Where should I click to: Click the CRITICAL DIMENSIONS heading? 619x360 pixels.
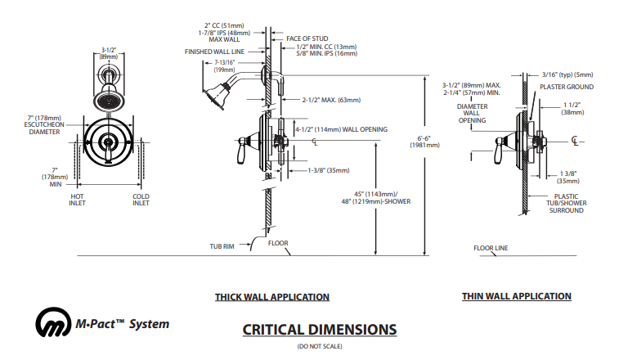point(319,330)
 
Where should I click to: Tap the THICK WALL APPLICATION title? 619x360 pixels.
point(272,297)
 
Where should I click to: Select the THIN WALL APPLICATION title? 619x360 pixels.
point(517,296)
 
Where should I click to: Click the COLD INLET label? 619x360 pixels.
point(141,200)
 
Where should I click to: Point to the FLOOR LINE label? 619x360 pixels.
point(491,246)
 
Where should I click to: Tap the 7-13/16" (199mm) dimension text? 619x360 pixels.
point(224,65)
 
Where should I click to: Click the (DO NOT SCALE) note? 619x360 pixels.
point(319,347)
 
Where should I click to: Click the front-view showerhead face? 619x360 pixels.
point(108,101)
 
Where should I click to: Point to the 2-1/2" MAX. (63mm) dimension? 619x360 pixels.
point(331,100)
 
